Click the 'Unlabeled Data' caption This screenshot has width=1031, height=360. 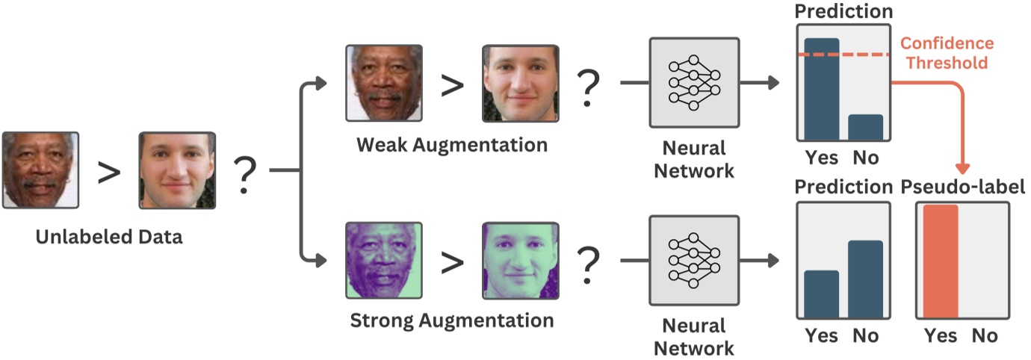[x=109, y=238]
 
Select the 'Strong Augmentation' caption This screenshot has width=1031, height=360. [x=452, y=321]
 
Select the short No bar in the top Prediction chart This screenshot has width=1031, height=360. [x=865, y=128]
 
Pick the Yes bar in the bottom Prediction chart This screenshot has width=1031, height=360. [x=821, y=295]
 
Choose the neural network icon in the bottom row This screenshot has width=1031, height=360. [x=694, y=260]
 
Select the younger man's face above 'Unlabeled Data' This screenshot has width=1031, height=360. [x=177, y=170]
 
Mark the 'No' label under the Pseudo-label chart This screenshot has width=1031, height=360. [x=984, y=336]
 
